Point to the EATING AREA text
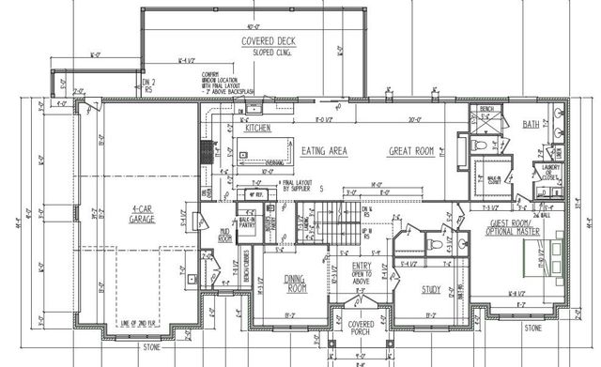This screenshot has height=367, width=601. click(327, 149)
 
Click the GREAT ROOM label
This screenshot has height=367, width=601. click(413, 149)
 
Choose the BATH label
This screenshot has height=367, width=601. click(532, 124)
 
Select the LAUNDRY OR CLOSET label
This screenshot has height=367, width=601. click(550, 171)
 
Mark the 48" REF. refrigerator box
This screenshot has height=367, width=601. click(253, 194)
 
